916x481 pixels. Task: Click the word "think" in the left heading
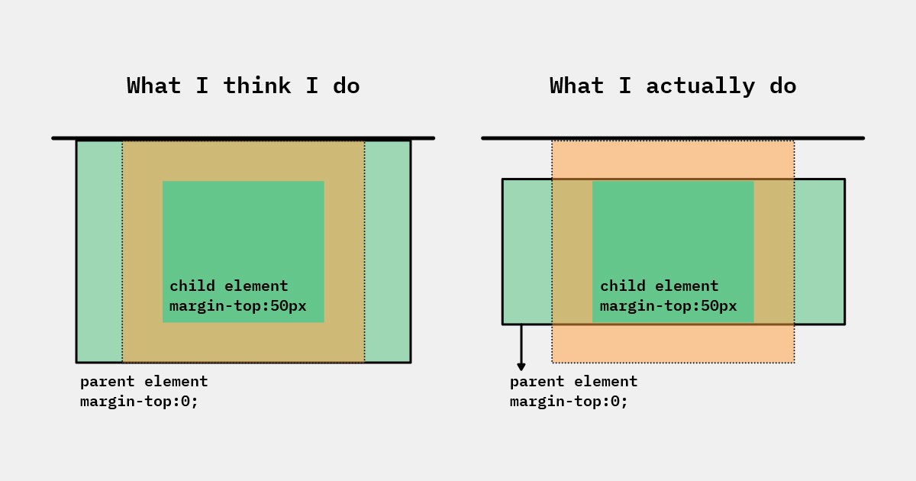[256, 86]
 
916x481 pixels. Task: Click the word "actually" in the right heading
[700, 87]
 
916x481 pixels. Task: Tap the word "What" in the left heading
[153, 86]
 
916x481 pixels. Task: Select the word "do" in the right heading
[782, 86]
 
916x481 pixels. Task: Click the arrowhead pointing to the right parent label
[521, 366]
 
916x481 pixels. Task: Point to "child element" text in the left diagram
[228, 286]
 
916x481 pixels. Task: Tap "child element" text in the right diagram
[659, 286]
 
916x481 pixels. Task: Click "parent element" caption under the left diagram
[144, 382]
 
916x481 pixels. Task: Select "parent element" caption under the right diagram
[573, 382]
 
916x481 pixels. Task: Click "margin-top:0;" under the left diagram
[139, 402]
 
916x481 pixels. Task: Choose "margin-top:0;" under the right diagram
[569, 402]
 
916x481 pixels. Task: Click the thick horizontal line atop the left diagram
[243, 138]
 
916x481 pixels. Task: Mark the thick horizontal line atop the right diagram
[672, 138]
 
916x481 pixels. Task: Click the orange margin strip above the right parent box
[673, 160]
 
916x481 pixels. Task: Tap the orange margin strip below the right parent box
[673, 344]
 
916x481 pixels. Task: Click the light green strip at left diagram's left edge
[99, 251]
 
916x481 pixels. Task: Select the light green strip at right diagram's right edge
[820, 251]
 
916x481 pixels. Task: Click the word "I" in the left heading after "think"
[311, 86]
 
